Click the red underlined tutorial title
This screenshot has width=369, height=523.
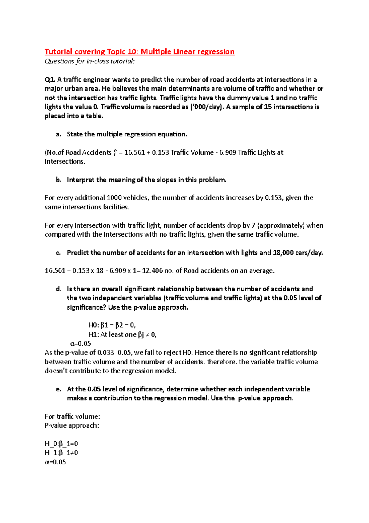pos(139,51)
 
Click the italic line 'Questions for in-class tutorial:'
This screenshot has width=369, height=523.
pos(89,61)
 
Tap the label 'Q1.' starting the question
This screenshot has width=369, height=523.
pos(50,80)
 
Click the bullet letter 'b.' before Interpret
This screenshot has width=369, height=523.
pos(58,180)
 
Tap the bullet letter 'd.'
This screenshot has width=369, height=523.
pos(58,289)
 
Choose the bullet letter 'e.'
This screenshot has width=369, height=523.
pos(58,389)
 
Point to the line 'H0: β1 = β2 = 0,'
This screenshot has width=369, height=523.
pos(112,325)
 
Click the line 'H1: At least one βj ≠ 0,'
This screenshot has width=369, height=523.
pos(122,334)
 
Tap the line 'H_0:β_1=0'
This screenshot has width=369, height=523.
pos(61,444)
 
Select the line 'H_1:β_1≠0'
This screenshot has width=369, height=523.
pos(61,453)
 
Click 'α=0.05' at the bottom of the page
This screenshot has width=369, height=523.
pos(55,462)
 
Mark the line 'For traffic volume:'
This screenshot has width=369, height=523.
pos(72,416)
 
